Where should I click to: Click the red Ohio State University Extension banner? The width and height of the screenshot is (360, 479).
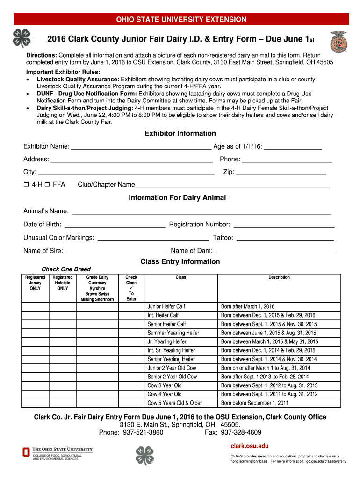181,19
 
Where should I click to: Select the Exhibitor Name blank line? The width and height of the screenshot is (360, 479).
141,147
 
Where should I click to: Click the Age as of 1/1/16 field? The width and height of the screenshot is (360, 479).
293,147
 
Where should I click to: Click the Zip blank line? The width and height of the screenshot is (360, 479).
281,173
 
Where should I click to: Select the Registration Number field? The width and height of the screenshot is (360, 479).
284,225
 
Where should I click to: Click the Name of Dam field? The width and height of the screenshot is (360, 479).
275,251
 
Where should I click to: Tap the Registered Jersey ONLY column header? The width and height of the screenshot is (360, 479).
35,283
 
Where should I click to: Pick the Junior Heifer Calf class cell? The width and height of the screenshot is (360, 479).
166,307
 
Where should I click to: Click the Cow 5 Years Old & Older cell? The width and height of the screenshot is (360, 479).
175,403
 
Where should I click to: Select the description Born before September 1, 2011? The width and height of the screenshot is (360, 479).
255,403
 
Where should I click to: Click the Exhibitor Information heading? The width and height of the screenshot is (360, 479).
180,134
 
